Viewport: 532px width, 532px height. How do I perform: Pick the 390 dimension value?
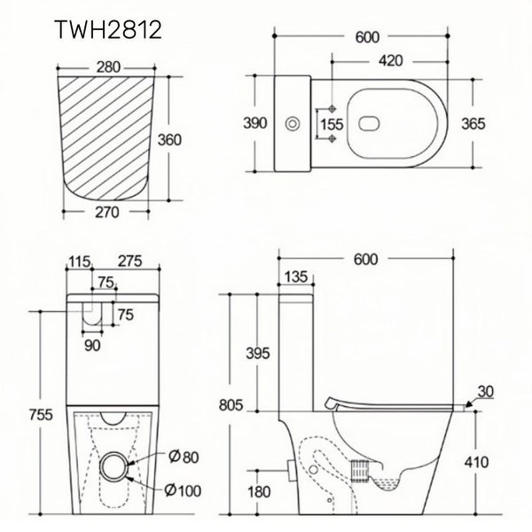pyautogui.click(x=254, y=124)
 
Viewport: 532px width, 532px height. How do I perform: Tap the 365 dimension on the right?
pyautogui.click(x=475, y=124)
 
